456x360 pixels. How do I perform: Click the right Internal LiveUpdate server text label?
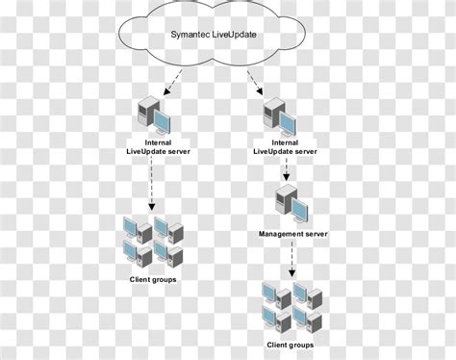click(286, 147)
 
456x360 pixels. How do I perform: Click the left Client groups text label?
click(153, 280)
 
